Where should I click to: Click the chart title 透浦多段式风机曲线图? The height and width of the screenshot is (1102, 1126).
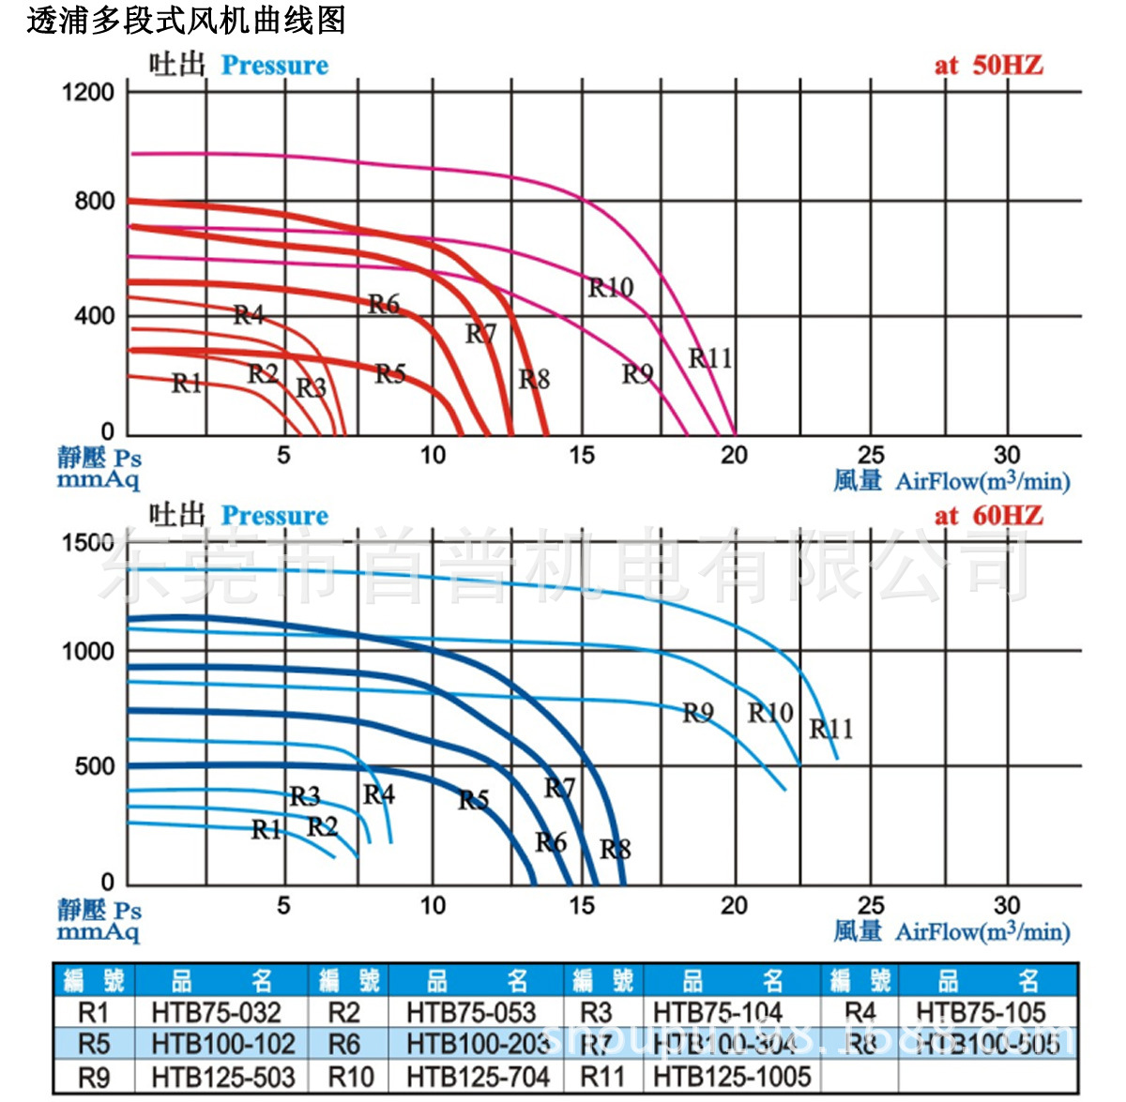186,20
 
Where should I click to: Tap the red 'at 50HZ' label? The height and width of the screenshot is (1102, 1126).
988,65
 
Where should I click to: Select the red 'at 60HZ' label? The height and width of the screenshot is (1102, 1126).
988,515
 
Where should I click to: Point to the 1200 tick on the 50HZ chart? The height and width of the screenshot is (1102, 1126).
87,92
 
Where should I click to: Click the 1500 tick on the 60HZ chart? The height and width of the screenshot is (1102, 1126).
87,542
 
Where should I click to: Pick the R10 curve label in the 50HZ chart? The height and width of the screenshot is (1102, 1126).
611,287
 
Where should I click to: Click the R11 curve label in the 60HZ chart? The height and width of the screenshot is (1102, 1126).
831,728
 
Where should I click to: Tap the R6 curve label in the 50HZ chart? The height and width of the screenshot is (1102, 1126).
384,303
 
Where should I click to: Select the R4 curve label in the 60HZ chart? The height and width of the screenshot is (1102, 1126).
379,794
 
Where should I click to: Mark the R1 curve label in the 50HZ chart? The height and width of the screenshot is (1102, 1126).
187,383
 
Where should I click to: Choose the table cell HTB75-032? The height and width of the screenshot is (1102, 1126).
216,1013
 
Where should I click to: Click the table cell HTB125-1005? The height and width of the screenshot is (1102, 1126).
732,1077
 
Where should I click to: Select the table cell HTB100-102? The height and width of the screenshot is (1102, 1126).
222,1045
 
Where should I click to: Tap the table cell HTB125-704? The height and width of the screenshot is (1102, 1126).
478,1077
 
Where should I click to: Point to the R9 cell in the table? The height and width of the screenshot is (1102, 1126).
94,1077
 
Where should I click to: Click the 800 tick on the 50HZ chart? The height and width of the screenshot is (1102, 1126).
94,201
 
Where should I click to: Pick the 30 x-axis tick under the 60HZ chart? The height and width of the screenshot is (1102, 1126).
1007,905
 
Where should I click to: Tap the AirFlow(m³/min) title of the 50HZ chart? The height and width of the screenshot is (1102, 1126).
982,481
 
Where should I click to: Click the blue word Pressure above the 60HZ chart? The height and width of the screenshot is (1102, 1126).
275,516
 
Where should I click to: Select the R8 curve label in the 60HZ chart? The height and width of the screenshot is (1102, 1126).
616,849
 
